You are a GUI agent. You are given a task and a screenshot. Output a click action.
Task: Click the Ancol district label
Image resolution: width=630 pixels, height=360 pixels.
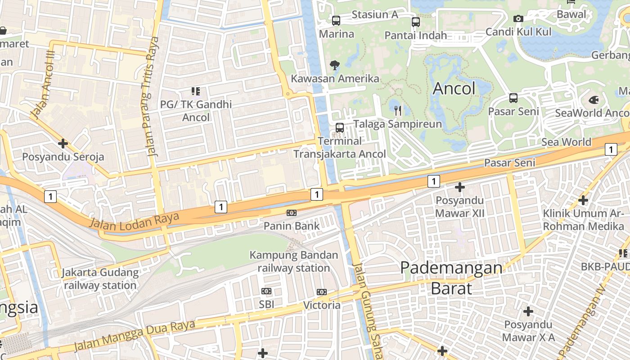[x=454, y=89]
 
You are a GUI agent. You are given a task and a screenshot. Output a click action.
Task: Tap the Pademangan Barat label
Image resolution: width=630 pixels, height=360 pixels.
[x=451, y=278]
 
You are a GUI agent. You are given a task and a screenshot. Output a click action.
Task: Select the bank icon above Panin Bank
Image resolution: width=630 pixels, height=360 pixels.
[x=292, y=213]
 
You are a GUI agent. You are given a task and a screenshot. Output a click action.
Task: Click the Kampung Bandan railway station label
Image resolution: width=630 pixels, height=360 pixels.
[x=294, y=262]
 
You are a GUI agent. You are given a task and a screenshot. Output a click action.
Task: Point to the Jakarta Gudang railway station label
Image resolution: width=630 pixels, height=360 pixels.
[x=100, y=279]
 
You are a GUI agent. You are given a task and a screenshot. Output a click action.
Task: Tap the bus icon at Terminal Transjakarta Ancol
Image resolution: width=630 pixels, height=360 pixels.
[x=340, y=127]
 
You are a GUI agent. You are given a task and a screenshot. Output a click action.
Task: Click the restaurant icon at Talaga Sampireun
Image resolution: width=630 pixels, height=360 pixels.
[x=397, y=110]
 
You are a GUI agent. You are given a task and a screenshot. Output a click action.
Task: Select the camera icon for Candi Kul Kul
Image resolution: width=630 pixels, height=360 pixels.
[x=518, y=18]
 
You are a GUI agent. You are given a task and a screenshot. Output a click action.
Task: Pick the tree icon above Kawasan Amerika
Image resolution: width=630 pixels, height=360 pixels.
[x=334, y=65]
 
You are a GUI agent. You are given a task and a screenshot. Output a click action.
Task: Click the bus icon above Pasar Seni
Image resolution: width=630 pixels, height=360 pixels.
[x=513, y=98]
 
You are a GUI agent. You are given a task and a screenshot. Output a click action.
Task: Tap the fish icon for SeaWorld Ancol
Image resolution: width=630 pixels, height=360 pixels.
[x=594, y=100]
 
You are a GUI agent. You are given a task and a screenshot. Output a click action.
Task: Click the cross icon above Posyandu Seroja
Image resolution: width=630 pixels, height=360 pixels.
[x=63, y=144]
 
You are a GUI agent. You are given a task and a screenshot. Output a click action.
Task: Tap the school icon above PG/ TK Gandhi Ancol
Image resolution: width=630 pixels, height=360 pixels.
[x=196, y=91]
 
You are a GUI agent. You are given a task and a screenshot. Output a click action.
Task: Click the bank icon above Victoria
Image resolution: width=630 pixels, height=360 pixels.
[x=321, y=292]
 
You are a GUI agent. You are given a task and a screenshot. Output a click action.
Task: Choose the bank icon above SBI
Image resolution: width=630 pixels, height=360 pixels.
[x=266, y=291]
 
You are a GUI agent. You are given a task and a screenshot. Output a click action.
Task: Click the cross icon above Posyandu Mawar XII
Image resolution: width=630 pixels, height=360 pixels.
[x=460, y=187]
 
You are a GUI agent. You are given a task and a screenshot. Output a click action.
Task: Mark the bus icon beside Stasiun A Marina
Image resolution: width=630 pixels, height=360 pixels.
[x=336, y=20]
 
